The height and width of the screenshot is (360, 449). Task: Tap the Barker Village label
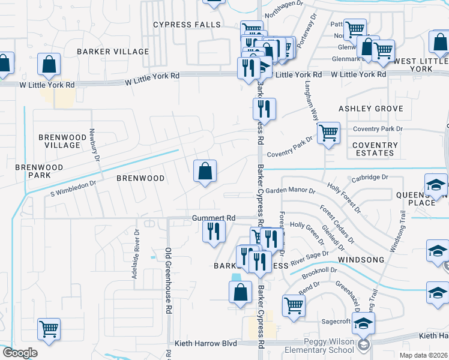(112, 52)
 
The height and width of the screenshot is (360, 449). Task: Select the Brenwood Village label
(59, 141)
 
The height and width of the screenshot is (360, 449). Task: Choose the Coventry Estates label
(375, 149)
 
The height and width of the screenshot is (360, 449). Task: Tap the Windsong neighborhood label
(360, 259)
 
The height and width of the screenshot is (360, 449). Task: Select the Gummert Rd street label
(214, 218)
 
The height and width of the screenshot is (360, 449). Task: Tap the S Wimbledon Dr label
(74, 189)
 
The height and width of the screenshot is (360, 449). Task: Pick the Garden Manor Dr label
(291, 191)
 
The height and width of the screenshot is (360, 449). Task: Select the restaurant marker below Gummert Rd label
(214, 231)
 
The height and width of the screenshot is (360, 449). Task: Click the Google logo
(20, 353)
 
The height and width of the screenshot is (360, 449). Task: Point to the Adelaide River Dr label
(136, 254)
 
